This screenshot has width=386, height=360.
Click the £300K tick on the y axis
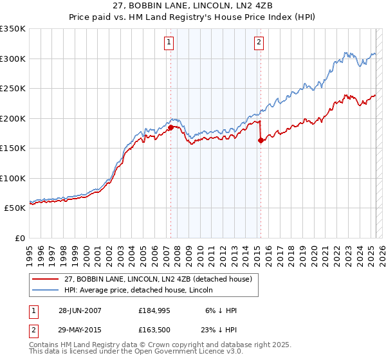(x=13, y=59)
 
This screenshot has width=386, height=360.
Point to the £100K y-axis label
(x=13, y=178)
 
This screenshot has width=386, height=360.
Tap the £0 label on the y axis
(x=20, y=238)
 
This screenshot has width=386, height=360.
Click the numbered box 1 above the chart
(x=169, y=43)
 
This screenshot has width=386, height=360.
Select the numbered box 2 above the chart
(x=259, y=43)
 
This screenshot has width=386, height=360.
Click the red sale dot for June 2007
(x=170, y=127)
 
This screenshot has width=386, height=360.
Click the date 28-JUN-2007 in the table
(x=79, y=310)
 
